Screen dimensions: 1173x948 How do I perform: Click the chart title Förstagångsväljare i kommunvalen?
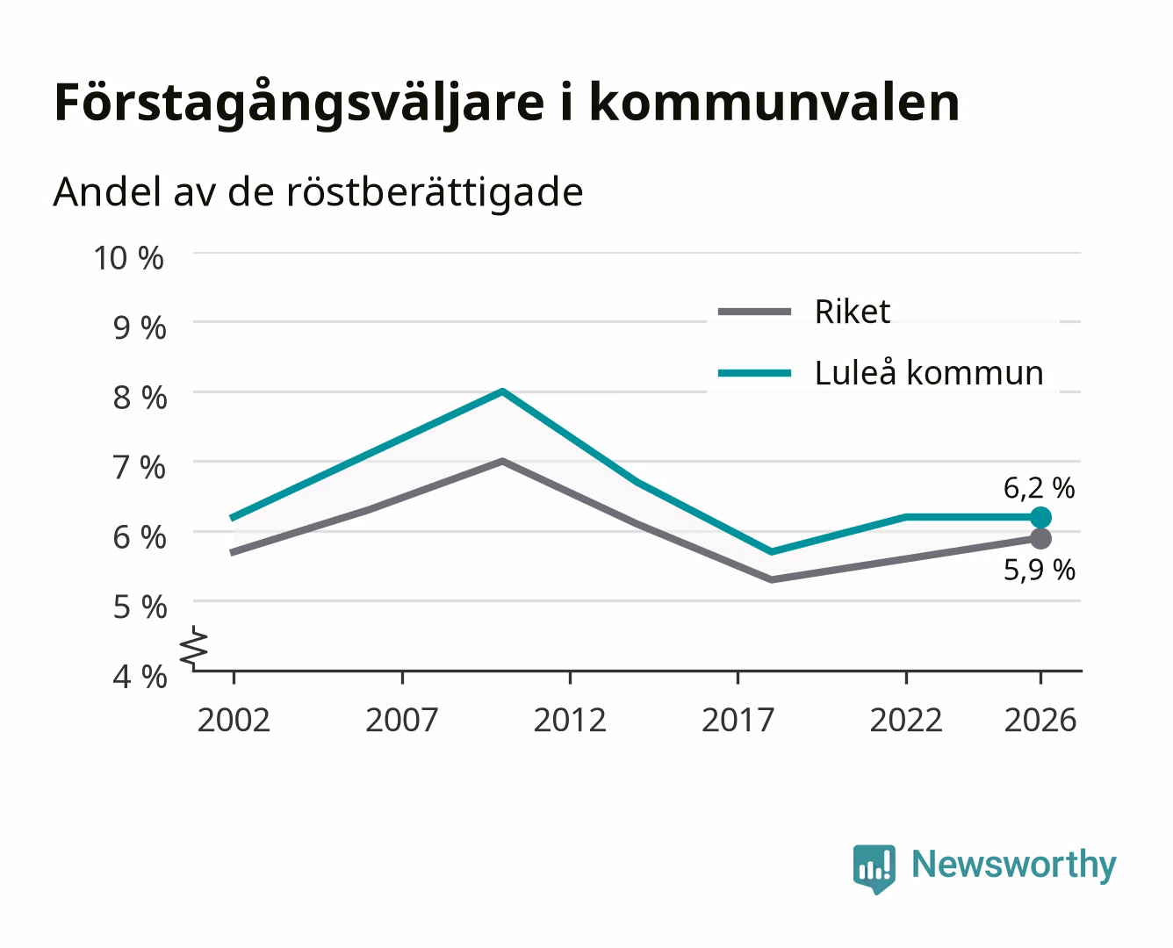pos(507,104)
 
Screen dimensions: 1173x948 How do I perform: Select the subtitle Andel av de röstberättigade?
pos(318,193)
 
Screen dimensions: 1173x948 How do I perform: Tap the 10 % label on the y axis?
pos(129,258)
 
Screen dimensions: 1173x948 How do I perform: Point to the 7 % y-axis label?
pos(140,468)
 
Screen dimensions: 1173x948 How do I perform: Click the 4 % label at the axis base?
pos(140,677)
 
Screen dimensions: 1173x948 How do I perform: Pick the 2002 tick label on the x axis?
pos(234,720)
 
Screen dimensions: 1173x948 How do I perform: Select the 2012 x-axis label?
pos(570,720)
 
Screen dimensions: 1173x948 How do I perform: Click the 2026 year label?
pos(1040,720)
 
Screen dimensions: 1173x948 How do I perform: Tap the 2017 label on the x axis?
pos(738,720)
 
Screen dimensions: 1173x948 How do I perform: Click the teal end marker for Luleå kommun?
pos(1040,518)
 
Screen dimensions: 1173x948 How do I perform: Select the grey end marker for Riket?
pos(1040,538)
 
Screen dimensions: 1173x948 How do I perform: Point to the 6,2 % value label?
pos(1040,488)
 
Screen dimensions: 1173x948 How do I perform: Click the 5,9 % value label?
pos(1040,570)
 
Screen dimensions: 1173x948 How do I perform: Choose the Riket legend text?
pos(852,312)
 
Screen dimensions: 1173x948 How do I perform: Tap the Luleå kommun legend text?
pos(929,373)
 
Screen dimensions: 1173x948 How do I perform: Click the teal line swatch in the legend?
pos(754,373)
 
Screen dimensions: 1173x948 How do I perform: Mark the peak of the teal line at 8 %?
pos(502,391)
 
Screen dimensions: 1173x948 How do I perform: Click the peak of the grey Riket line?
pos(502,462)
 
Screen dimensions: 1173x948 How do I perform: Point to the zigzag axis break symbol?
pos(194,649)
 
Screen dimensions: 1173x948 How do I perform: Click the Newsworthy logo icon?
pos(874,869)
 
